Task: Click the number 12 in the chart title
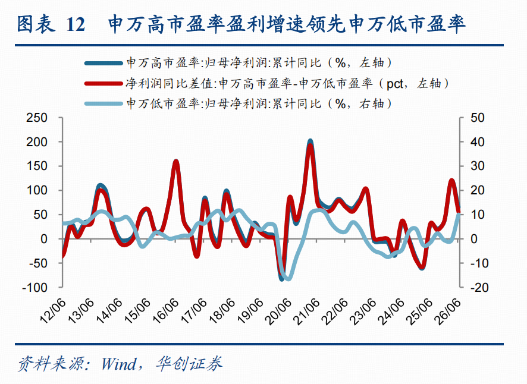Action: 76,24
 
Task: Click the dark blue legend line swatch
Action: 103,63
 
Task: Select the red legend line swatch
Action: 103,83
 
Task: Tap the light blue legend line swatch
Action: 103,103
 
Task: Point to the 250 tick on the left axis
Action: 37,118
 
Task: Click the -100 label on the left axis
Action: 35,288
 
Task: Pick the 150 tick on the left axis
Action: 37,166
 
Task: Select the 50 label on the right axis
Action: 477,118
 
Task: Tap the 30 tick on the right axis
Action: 477,166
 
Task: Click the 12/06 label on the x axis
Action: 53,311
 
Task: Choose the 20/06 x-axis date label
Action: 278,311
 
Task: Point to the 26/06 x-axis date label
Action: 447,311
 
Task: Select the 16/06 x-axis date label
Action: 165,311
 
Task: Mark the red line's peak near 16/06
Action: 176,162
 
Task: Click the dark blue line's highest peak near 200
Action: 310,141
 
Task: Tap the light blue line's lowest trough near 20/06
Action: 288,278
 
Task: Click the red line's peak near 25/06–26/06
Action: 451,181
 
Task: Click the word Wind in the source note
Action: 119,364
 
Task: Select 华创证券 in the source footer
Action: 189,364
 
